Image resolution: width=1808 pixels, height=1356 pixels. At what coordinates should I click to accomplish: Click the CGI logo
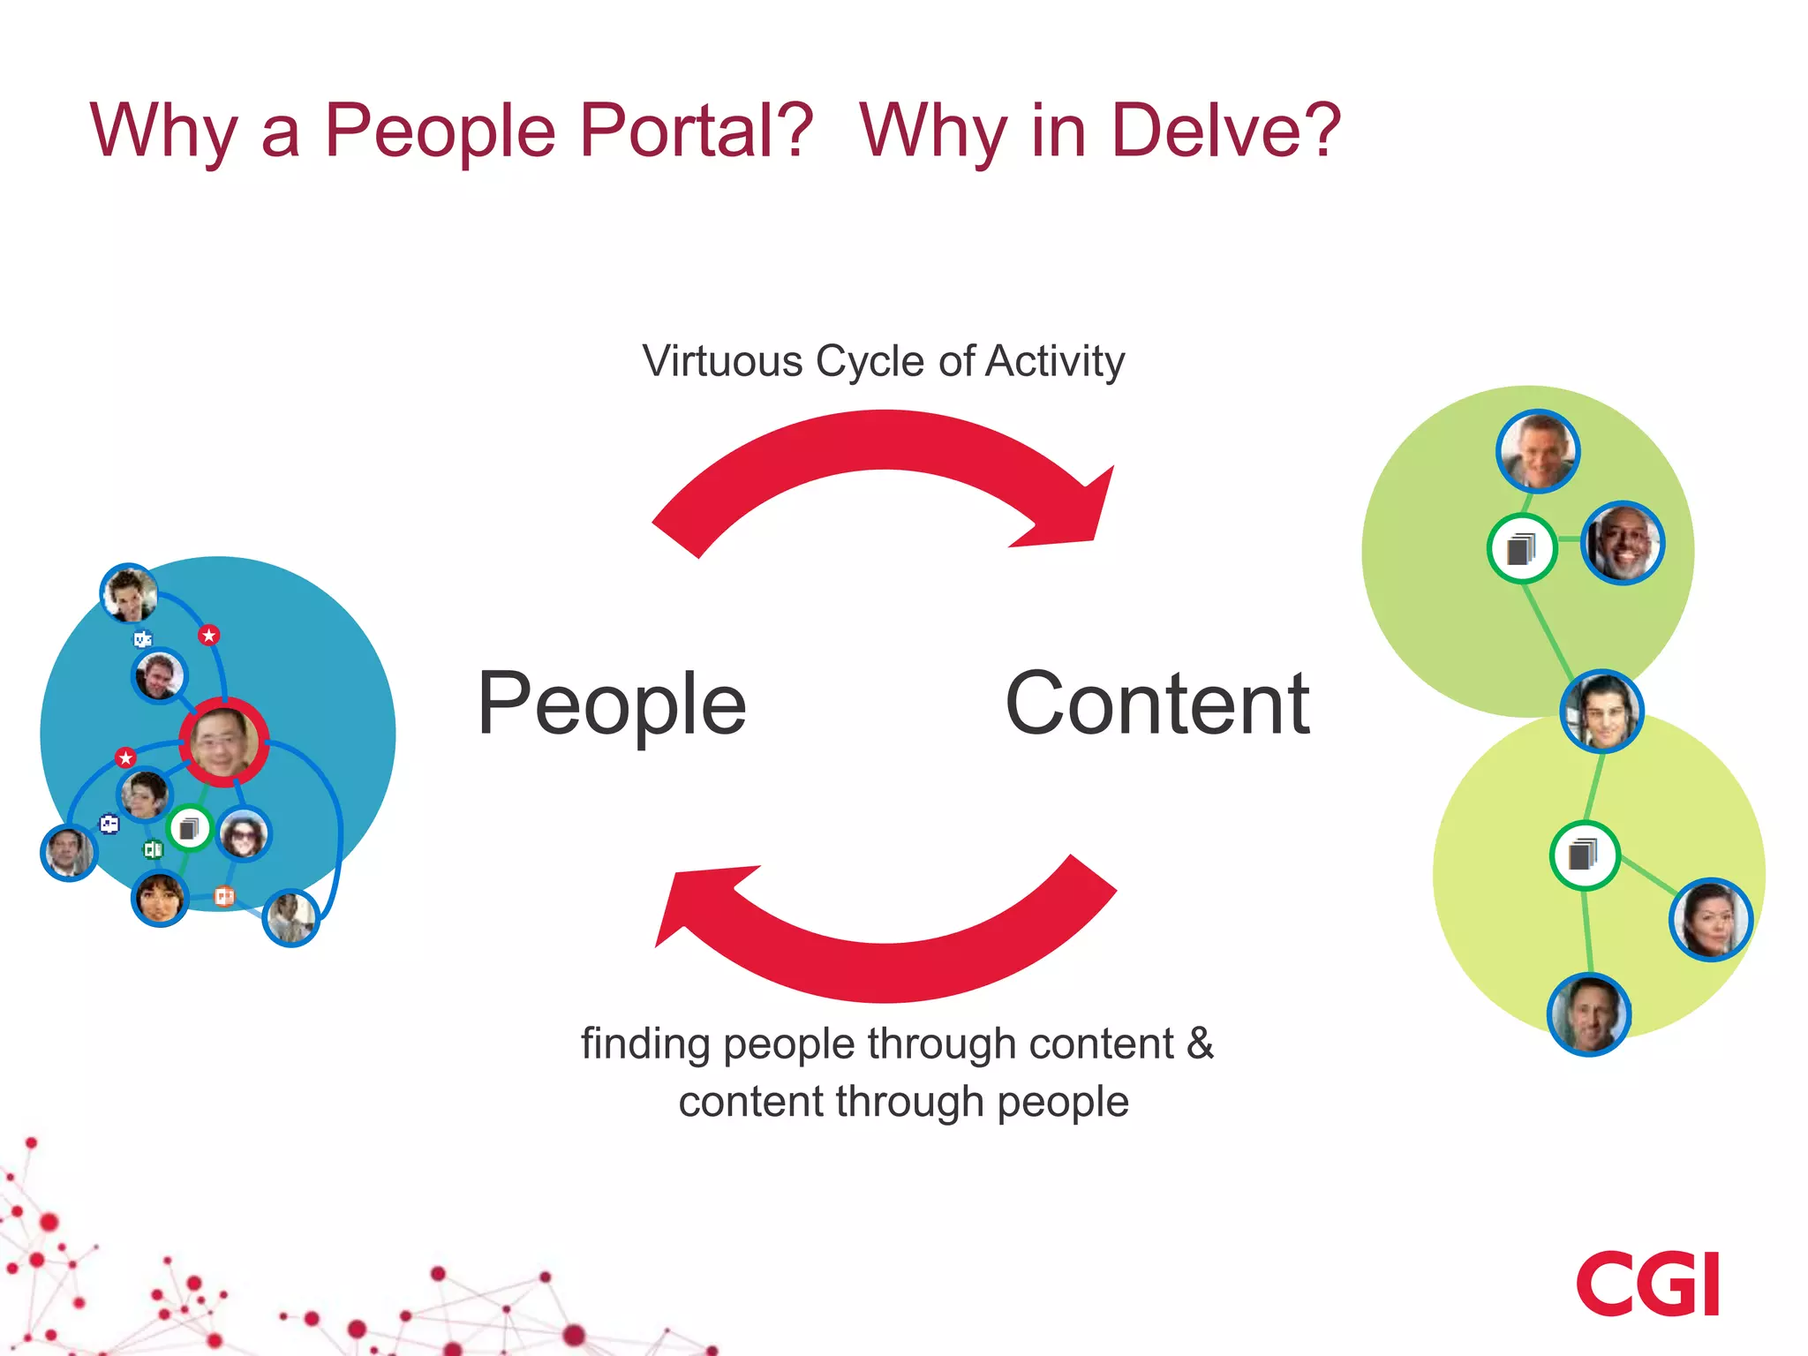1647,1284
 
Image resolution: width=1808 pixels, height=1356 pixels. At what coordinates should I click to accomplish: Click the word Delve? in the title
1225,131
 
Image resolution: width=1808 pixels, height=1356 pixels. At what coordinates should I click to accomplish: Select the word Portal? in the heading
696,131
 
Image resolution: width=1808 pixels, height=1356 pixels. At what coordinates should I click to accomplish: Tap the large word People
612,704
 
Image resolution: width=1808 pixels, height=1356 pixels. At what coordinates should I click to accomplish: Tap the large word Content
1157,704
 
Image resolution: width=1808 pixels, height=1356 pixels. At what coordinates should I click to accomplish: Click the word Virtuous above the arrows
722,361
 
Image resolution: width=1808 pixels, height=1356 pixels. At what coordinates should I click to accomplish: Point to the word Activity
1055,361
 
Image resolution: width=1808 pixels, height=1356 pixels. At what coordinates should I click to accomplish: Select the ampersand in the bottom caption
1200,1043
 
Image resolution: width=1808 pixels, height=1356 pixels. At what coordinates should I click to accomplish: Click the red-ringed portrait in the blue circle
223,742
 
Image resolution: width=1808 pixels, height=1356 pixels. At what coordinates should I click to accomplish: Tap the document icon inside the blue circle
189,828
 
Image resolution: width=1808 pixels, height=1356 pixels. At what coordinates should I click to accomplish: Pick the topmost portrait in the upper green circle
1538,451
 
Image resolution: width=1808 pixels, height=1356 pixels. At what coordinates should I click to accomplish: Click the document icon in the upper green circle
1521,548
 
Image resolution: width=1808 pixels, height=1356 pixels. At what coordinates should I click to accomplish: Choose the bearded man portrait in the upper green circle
1622,543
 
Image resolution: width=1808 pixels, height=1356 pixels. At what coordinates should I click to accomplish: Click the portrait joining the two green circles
1601,711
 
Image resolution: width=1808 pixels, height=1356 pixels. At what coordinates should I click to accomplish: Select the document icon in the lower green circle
1584,855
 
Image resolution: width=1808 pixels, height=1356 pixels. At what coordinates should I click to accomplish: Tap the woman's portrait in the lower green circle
1710,919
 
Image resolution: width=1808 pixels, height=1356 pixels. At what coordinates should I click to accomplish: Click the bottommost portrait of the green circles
1588,1013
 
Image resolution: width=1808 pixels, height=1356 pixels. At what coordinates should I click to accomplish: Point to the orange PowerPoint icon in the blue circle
224,896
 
